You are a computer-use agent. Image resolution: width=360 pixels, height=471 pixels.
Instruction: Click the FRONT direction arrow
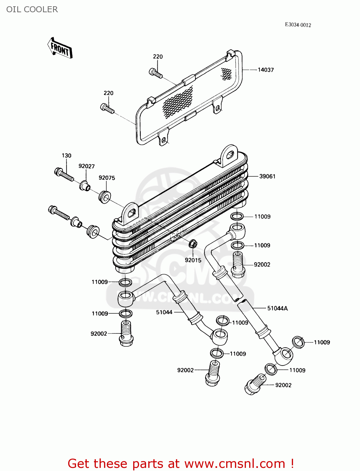coord(60,48)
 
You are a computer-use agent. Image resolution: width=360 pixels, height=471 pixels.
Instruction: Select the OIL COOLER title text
coord(32,9)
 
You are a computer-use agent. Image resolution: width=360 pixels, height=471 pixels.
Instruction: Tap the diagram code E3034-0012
coord(298,25)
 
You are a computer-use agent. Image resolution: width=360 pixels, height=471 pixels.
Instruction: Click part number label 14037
coord(265,70)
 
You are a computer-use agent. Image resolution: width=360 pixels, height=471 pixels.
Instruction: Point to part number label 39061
coord(267,176)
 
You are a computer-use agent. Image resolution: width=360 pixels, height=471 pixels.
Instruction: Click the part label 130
coord(66,155)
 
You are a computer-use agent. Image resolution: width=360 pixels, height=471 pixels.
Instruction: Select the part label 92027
coord(86,166)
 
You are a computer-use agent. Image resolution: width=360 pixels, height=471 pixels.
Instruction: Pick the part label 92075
coord(107,178)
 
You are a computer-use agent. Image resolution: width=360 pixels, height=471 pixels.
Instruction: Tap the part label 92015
coord(193,260)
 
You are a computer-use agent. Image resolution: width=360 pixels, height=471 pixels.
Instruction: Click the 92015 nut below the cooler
coord(193,244)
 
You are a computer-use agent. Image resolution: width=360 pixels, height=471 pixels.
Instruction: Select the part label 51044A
coord(277,308)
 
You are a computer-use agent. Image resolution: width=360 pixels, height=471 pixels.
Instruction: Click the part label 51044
coord(164,312)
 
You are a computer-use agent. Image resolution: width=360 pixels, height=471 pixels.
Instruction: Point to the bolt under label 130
coord(64,175)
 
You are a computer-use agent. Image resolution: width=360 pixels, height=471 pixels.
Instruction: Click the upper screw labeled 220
coord(155,73)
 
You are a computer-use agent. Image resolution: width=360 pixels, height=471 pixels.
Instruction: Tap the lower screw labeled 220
coord(107,108)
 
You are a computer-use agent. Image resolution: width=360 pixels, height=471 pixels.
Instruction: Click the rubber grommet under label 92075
coord(105,197)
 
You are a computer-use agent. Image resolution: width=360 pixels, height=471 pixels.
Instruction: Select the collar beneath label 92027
coord(85,186)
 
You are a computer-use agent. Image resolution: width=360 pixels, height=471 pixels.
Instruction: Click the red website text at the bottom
coord(181,463)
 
